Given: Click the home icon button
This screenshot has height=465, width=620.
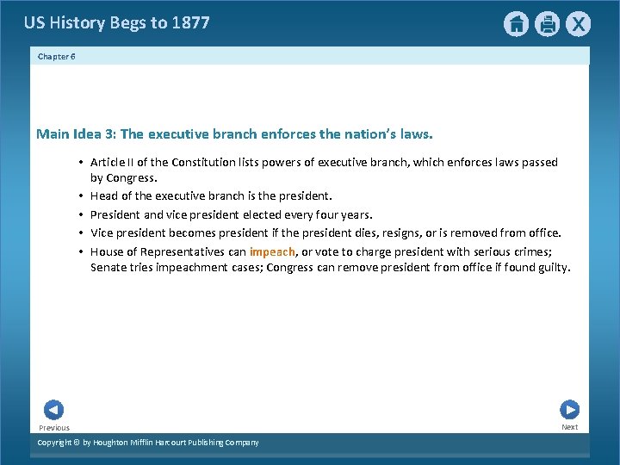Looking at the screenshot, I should tap(516, 24).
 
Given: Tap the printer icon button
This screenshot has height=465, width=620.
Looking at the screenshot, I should tap(547, 24).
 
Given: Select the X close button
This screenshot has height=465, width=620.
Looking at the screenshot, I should tap(579, 24).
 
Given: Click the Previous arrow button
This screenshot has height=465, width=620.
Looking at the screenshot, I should tap(53, 410).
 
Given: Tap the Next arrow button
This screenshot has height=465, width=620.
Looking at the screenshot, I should tap(569, 410).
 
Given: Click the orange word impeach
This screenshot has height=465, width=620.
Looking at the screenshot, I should tap(272, 251).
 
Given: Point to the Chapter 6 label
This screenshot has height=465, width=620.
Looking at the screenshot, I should tap(57, 56).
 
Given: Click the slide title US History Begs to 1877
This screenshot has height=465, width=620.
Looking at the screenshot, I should tap(116, 23).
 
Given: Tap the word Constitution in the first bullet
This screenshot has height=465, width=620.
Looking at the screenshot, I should tap(201, 162).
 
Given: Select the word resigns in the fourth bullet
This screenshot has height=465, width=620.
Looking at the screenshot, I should tap(391, 232).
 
